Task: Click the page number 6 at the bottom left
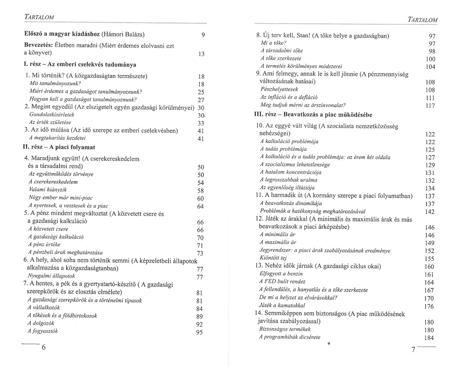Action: (44, 347)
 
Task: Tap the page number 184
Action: (428, 338)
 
